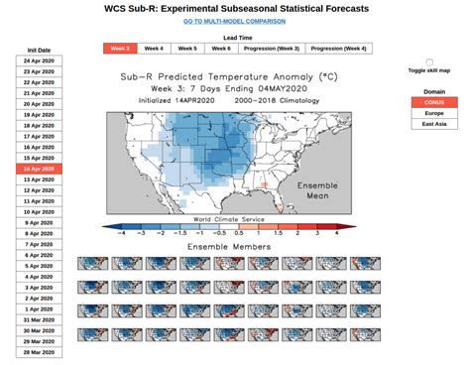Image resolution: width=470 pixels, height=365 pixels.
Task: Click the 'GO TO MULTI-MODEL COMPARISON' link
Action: (x=234, y=21)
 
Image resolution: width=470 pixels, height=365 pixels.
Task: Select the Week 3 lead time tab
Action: (x=120, y=48)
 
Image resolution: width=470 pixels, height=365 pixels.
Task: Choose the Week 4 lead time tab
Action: (x=154, y=48)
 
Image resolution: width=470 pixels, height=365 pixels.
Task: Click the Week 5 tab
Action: (x=186, y=48)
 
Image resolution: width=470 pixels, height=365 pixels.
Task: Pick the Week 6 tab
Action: (x=220, y=48)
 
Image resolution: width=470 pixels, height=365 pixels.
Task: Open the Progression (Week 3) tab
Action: (x=270, y=48)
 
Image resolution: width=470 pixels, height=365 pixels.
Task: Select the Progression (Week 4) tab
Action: (x=337, y=48)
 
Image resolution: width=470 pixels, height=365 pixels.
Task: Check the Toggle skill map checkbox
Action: (x=429, y=62)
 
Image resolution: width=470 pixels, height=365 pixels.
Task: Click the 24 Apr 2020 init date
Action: (x=39, y=61)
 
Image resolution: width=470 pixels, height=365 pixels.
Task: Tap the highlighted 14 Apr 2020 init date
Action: (x=39, y=170)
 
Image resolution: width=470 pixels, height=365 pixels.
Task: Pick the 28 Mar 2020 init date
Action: (x=39, y=352)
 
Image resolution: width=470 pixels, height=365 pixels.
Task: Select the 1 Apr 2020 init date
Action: (x=39, y=308)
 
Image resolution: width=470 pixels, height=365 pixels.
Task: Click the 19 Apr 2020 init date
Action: (x=39, y=115)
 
